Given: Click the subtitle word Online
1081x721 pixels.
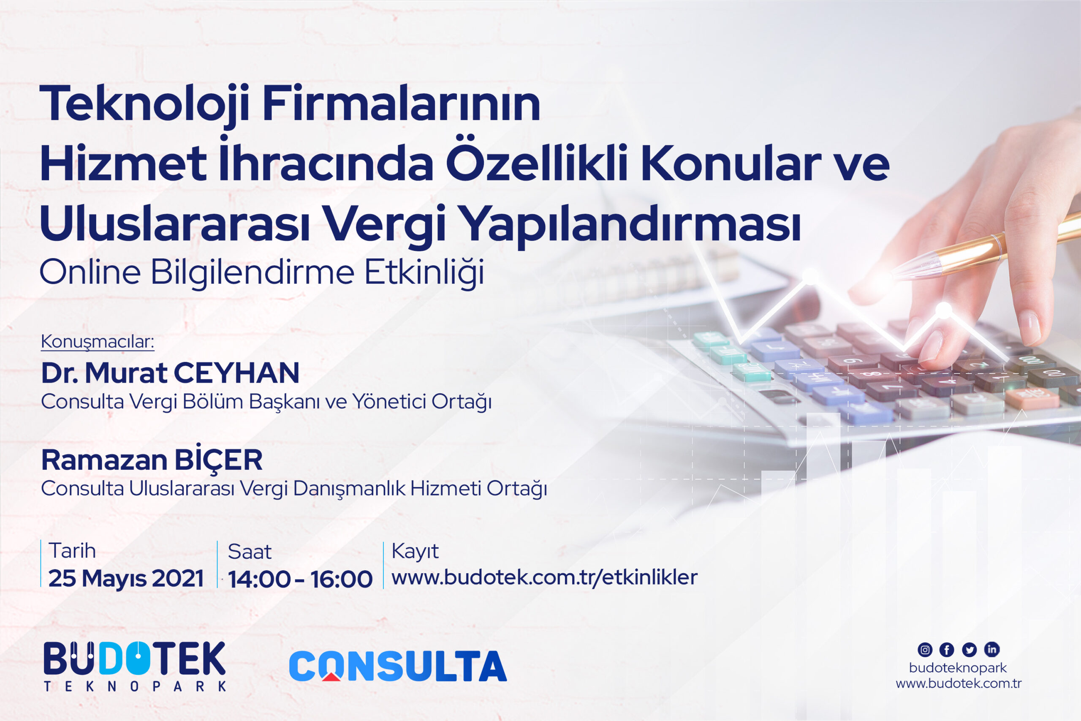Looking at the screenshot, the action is pos(90,272).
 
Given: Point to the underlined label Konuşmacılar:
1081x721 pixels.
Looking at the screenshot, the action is pos(98,342).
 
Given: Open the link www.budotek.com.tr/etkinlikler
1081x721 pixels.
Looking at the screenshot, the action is pos(544,577).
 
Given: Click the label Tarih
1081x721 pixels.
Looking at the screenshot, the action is pos(72,551).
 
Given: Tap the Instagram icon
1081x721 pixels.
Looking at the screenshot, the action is pos(925,650).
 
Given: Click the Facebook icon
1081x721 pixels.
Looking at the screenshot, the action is pos(947,650).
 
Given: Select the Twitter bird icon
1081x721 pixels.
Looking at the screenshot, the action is pos(970,650).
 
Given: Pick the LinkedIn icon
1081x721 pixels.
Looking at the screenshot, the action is pos(992,649).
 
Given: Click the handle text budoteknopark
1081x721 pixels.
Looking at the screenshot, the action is pos(958,668).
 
